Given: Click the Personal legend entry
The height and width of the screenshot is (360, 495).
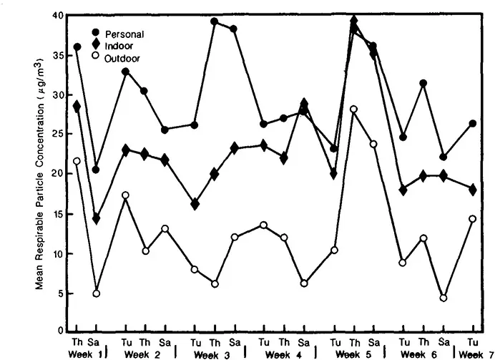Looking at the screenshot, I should pyautogui.click(x=124, y=34).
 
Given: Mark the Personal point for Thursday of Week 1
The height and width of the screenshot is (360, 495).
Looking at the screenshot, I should pyautogui.click(x=77, y=47).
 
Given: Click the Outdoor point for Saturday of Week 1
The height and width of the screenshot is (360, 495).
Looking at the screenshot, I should pyautogui.click(x=96, y=293).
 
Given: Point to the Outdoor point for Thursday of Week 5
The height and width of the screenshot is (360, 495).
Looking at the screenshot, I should pyautogui.click(x=353, y=109).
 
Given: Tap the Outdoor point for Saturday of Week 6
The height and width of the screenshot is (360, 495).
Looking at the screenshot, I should pyautogui.click(x=443, y=298).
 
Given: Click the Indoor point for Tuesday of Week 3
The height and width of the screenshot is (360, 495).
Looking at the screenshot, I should pyautogui.click(x=195, y=204).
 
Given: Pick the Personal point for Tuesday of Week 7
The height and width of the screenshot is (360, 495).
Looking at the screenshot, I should pyautogui.click(x=472, y=123).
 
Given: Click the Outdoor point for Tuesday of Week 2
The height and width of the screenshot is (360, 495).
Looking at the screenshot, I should pyautogui.click(x=126, y=195).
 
